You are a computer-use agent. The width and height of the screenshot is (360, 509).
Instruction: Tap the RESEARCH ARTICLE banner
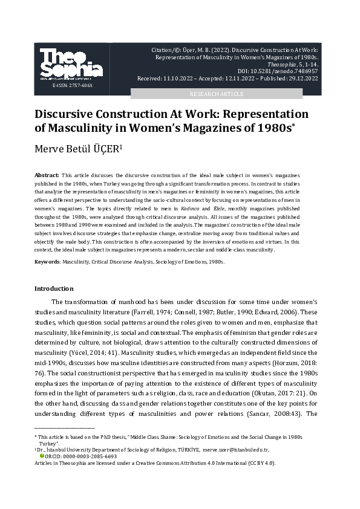click(x=217, y=94)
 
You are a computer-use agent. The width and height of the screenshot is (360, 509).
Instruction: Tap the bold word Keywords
click(x=47, y=262)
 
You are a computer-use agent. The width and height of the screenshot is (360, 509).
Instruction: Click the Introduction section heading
click(x=54, y=288)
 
